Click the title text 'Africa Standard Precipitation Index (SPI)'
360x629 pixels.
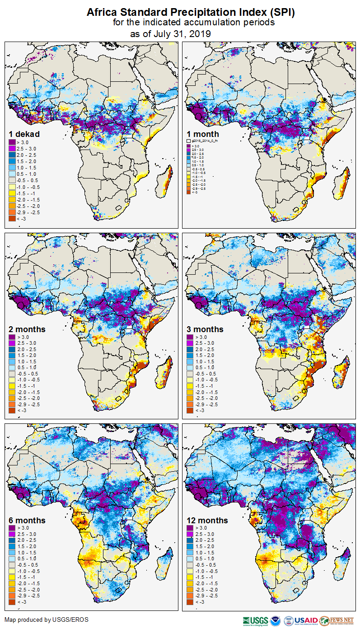(x=191, y=13)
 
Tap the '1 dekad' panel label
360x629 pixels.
(x=24, y=134)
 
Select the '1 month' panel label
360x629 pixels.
(x=203, y=134)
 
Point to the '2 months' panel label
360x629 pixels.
(x=27, y=329)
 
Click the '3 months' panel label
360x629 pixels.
(x=205, y=329)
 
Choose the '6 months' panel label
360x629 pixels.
(x=27, y=520)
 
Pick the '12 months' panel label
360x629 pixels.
(x=207, y=520)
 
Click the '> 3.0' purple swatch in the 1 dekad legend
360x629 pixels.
(x=12, y=143)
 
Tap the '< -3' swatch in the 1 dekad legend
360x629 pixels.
(x=12, y=219)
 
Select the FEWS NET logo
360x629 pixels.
(x=337, y=620)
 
